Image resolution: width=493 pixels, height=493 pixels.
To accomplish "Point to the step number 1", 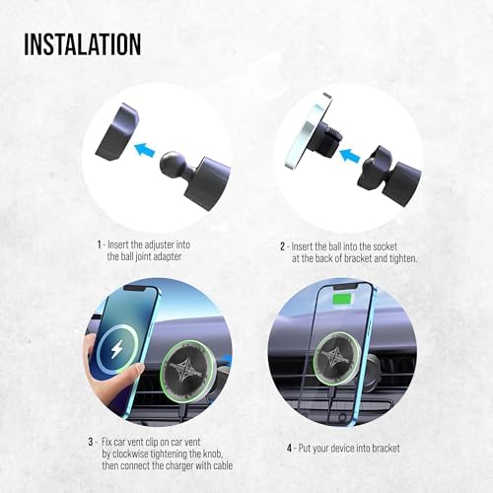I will (x=99, y=243).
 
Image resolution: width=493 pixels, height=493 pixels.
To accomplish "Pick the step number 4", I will (x=290, y=446).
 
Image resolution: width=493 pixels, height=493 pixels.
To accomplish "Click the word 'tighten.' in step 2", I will (x=403, y=258).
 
